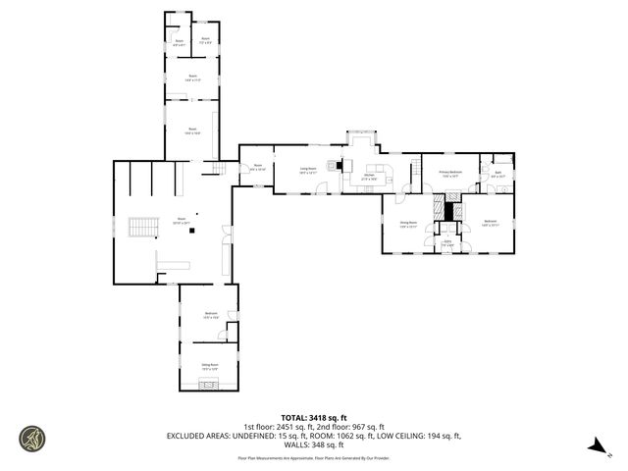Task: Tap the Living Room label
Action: [x=307, y=169]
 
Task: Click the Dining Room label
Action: [x=408, y=224]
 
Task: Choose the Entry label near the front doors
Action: [x=446, y=241]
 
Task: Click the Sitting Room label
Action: [x=210, y=366]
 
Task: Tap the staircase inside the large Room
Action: [x=144, y=227]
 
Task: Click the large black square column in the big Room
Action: [x=192, y=232]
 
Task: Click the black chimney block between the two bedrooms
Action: [x=451, y=209]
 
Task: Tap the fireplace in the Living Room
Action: [x=340, y=166]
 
